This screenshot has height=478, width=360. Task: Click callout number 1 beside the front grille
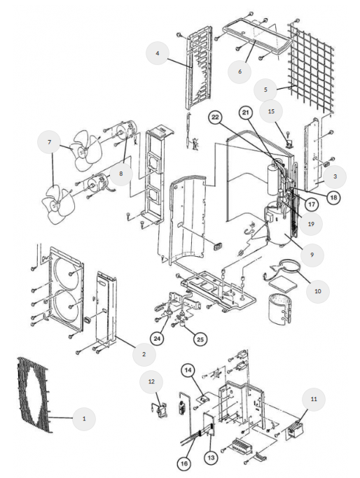(84, 419)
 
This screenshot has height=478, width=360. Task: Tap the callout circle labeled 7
(49, 142)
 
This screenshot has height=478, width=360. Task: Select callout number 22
(216, 118)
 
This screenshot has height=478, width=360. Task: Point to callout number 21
(246, 113)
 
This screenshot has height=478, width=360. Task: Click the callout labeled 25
(200, 339)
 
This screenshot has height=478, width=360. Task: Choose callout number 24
(157, 339)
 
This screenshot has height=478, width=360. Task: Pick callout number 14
(188, 370)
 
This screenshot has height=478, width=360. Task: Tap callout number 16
(184, 464)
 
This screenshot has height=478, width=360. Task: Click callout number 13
(211, 458)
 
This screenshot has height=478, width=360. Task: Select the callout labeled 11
(314, 399)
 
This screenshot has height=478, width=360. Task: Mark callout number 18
(334, 197)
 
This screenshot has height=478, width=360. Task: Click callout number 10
(317, 291)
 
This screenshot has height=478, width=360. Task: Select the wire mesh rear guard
(310, 69)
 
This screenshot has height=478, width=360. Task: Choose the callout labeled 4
(158, 53)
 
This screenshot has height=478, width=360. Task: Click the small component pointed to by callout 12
(160, 410)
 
